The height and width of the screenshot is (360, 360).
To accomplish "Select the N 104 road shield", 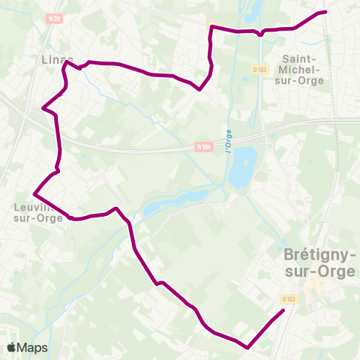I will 203,147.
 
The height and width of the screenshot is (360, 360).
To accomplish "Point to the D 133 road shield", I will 260,70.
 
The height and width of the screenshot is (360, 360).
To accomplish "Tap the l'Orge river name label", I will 227,139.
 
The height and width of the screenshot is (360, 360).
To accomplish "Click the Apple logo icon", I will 12,347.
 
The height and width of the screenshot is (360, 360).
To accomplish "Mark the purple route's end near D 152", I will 283,310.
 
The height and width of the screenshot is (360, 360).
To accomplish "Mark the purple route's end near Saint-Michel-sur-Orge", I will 325,12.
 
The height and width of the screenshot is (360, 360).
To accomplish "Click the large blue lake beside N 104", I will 241,166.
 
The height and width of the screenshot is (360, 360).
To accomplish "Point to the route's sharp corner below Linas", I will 44,109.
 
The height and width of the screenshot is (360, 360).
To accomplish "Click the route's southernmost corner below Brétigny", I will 247,346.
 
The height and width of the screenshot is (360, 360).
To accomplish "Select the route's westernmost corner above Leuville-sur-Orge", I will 34,193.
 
